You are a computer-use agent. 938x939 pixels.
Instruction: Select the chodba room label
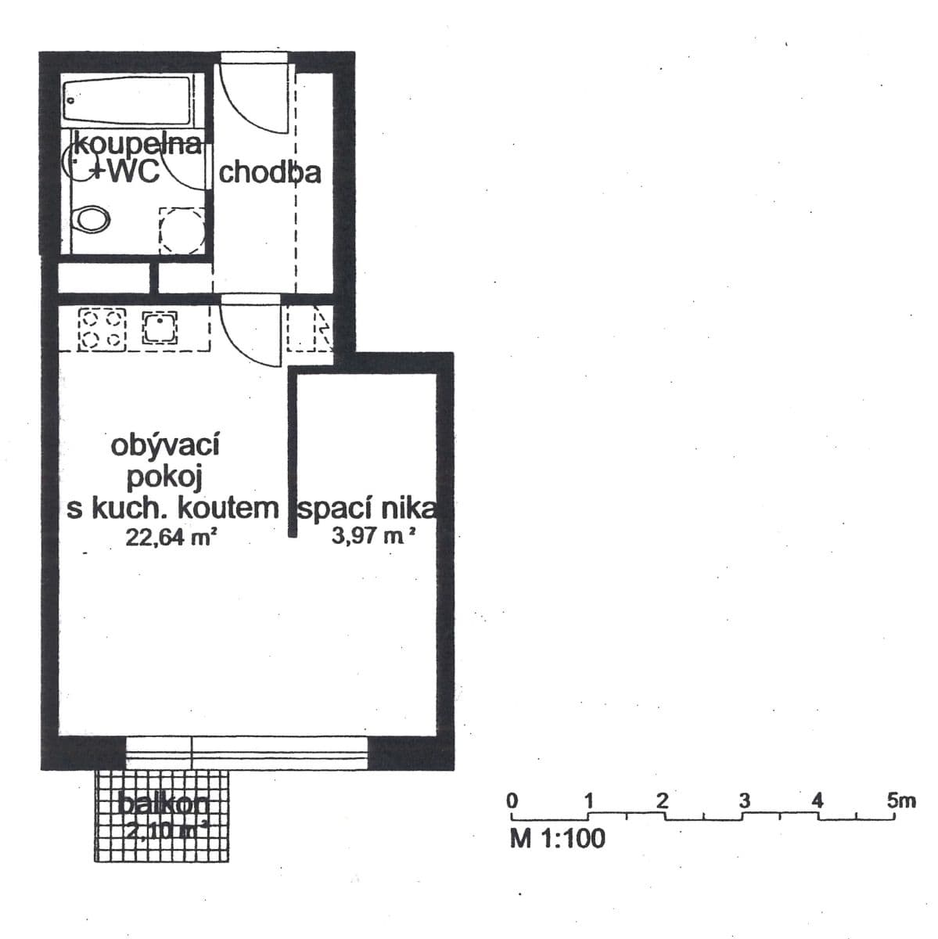[x=269, y=172]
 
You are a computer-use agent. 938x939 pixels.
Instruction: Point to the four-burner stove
[x=102, y=329]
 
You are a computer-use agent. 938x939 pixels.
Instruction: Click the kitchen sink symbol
[x=160, y=329]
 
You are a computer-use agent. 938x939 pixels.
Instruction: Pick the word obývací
[x=165, y=445]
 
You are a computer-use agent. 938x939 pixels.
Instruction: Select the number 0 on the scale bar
[x=512, y=800]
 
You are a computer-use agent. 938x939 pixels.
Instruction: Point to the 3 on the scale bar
[x=744, y=800]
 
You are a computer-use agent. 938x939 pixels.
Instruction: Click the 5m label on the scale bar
[x=901, y=800]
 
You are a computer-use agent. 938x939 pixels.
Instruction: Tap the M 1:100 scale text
[x=557, y=838]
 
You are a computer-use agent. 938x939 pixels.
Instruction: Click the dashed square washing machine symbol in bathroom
[x=182, y=229]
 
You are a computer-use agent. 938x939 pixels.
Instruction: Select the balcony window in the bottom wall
[x=246, y=753]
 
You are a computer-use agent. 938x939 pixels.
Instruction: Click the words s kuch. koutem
[x=173, y=509]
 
